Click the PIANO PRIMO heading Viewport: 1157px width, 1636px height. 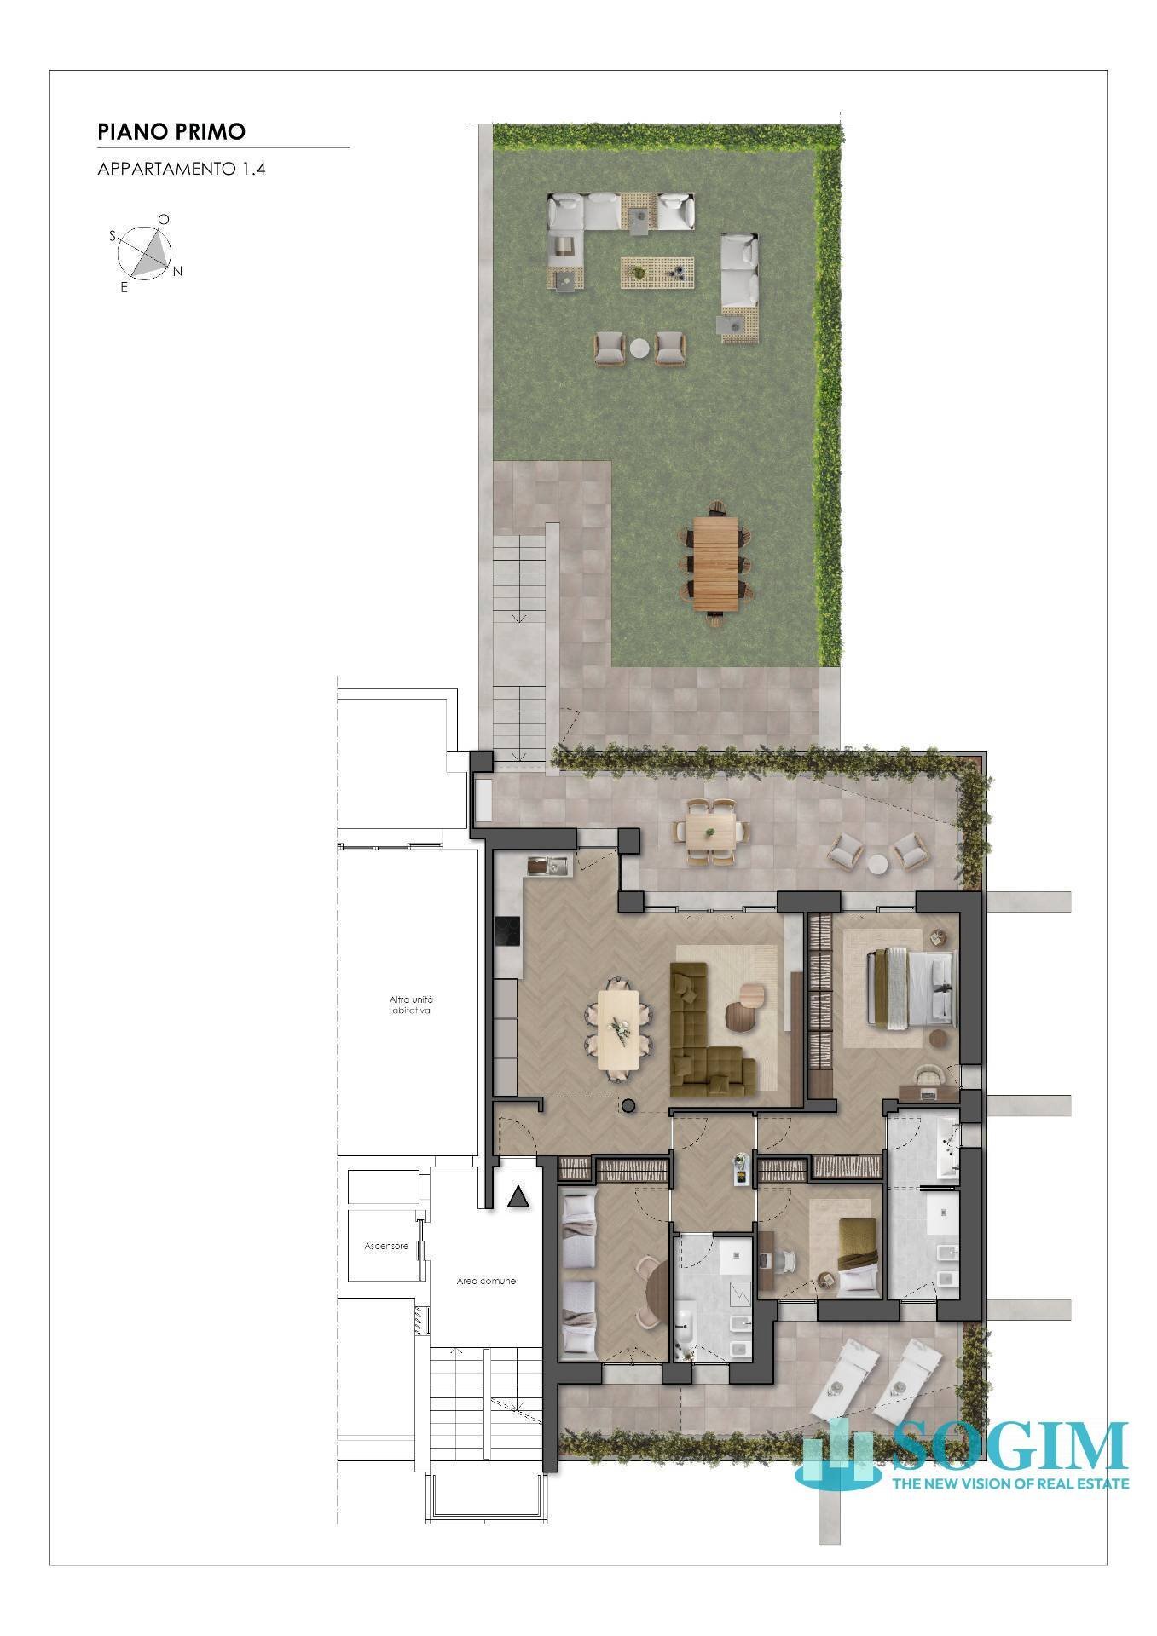tap(171, 131)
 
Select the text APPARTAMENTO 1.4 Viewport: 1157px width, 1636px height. tap(182, 169)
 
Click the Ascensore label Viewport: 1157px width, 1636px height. tap(386, 1246)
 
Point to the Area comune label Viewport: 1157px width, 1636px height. tap(486, 1281)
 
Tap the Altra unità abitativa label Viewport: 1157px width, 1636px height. tap(411, 1005)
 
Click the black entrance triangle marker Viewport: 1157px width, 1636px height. tap(518, 1197)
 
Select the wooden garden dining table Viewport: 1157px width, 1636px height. tap(714, 563)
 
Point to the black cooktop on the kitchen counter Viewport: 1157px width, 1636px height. tap(507, 930)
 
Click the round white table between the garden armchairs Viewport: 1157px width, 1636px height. tap(639, 348)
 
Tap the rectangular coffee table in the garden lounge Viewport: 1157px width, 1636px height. tap(657, 273)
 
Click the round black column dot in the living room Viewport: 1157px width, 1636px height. tap(628, 1106)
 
